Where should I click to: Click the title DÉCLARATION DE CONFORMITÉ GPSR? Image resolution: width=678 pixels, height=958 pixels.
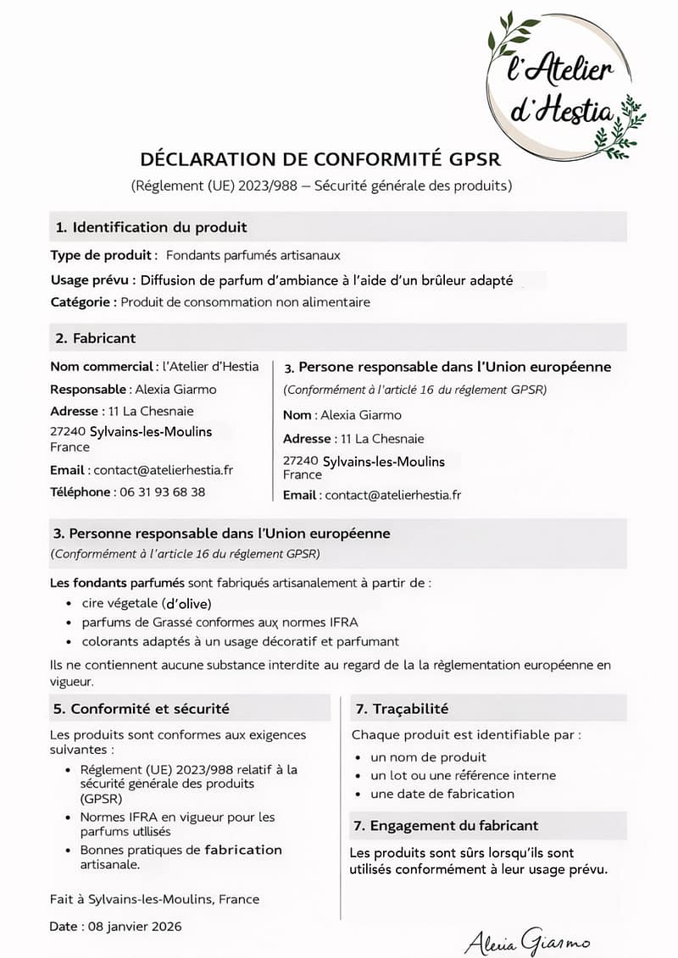[320, 159]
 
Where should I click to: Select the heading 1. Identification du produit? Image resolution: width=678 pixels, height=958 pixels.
[152, 227]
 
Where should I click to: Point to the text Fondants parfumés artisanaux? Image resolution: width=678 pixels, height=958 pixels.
[253, 255]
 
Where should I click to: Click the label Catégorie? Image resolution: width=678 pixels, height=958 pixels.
[82, 302]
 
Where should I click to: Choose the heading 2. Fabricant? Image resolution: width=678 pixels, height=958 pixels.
[96, 338]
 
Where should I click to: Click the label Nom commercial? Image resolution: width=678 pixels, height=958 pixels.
[102, 366]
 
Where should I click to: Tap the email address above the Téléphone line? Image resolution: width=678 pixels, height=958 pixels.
[163, 470]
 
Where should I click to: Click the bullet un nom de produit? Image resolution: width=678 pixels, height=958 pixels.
[428, 757]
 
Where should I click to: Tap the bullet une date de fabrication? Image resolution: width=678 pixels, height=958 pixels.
[442, 794]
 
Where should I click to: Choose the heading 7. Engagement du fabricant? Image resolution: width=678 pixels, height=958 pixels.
[445, 826]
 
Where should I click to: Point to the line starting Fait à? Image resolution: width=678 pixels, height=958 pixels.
[155, 900]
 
